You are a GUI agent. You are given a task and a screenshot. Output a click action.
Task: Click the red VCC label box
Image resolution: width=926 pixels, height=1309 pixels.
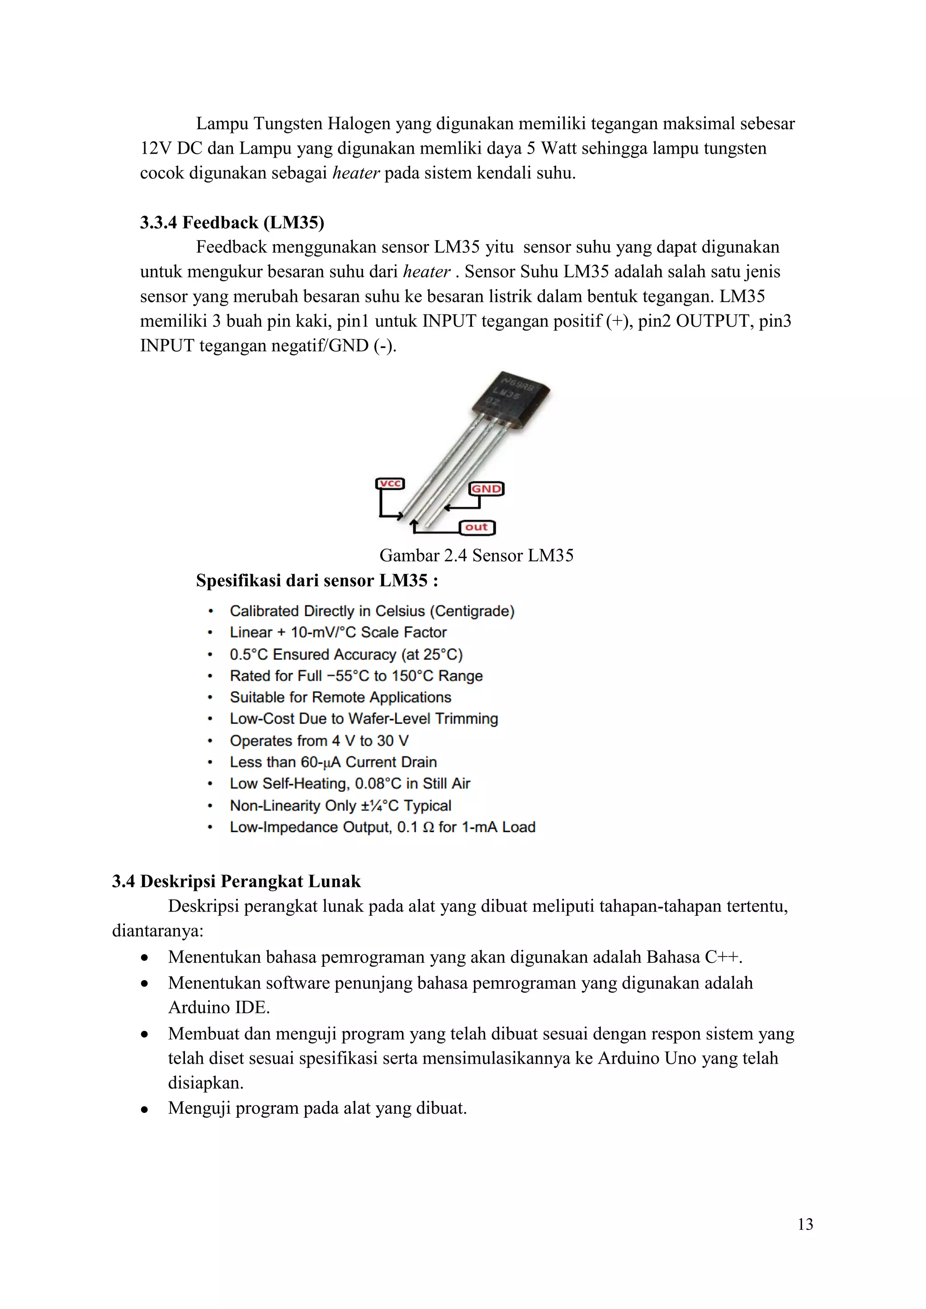(x=390, y=484)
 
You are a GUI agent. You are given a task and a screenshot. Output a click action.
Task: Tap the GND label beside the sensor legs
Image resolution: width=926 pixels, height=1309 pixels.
(x=486, y=489)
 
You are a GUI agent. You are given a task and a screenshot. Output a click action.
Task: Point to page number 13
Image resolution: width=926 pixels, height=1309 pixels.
(x=805, y=1224)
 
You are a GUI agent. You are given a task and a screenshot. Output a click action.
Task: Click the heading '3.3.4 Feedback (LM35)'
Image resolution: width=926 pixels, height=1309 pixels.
(x=232, y=222)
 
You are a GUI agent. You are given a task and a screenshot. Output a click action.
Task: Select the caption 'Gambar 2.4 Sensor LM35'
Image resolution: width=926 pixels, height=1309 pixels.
(x=476, y=556)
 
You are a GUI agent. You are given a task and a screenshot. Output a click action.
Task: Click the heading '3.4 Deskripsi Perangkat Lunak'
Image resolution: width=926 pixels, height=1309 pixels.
(x=236, y=881)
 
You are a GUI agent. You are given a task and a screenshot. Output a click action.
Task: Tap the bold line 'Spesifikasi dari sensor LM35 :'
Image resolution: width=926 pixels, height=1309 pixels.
(x=317, y=580)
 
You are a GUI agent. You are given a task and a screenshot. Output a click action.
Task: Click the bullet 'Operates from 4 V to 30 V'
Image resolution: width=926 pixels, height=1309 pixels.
(x=319, y=740)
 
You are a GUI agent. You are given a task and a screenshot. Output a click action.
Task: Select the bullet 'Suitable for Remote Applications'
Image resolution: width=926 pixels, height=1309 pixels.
(x=340, y=697)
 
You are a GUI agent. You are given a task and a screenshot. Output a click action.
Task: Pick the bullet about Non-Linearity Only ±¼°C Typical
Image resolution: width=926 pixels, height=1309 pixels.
(x=340, y=805)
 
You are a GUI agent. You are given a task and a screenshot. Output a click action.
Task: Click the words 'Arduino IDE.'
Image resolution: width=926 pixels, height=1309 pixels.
(x=219, y=1008)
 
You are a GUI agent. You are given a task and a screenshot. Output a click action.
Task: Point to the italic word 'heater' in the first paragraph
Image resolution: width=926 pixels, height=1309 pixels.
(x=356, y=173)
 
